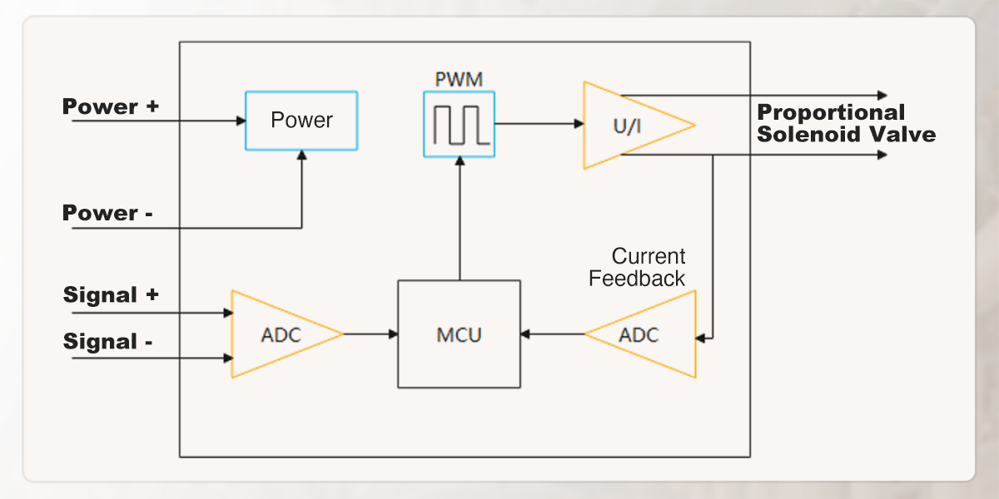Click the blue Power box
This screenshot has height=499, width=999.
click(301, 121)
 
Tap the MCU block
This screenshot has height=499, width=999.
click(459, 334)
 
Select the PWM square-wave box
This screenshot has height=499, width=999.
click(459, 123)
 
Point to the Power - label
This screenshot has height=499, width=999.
click(107, 214)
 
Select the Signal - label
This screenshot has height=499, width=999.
click(107, 342)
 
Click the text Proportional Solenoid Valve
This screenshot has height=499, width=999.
click(846, 124)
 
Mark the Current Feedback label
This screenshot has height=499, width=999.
click(638, 268)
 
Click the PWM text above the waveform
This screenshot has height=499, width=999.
click(459, 81)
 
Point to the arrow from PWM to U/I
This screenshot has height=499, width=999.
click(539, 124)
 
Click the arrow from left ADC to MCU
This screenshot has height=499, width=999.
click(370, 334)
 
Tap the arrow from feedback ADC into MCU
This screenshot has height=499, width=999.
click(553, 334)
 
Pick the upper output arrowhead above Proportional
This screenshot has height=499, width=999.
click(882, 96)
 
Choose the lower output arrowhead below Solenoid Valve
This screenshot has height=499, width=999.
click(882, 155)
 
